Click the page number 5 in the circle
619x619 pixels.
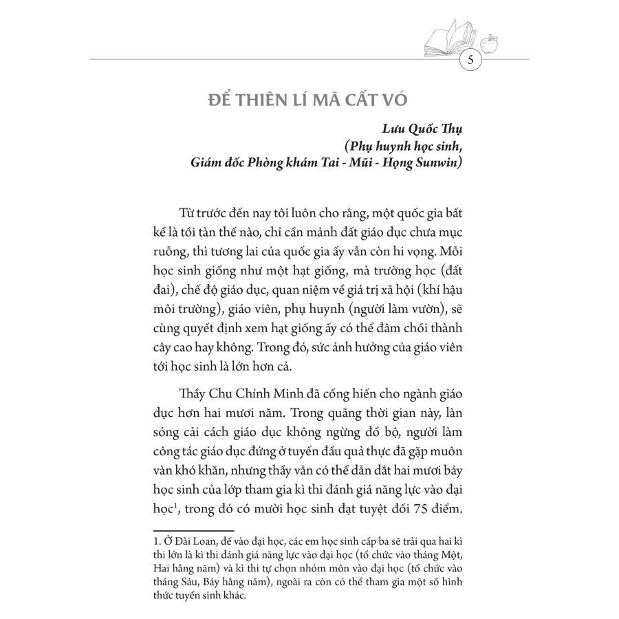[x=470, y=60]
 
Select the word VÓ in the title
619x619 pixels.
[x=394, y=100]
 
